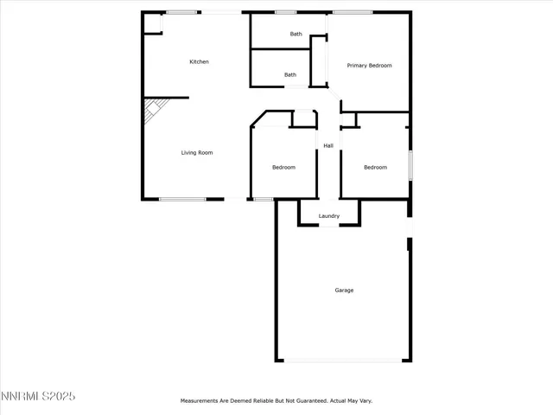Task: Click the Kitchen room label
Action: [x=199, y=61]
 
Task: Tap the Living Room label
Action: [x=196, y=153]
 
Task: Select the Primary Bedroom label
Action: [x=369, y=66]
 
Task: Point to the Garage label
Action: [x=344, y=290]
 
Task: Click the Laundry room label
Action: [x=328, y=216]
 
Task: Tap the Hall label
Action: [x=328, y=145]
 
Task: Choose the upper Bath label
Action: [x=296, y=34]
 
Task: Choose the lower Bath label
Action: [x=290, y=74]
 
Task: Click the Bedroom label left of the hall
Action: [x=283, y=167]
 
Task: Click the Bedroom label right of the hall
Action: [x=375, y=167]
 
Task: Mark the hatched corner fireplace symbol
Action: [x=153, y=111]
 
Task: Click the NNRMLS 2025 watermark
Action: [x=38, y=396]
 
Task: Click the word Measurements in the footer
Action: [x=200, y=401]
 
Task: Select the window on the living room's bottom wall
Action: [x=182, y=200]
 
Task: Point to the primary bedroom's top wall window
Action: [x=353, y=12]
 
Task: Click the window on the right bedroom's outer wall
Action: [x=410, y=164]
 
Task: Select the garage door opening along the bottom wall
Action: [x=342, y=361]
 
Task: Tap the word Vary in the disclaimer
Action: [x=365, y=401]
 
